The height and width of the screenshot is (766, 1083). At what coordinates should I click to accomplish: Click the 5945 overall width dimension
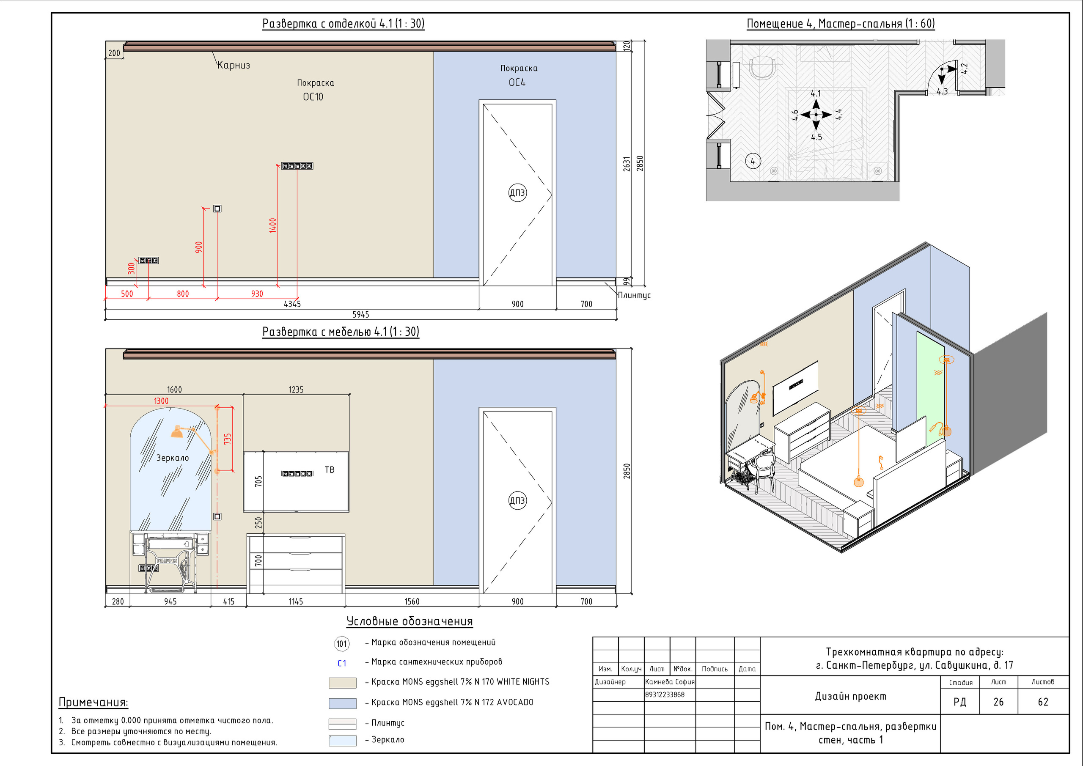[361, 315]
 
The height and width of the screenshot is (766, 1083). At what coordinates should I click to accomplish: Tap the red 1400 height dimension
[272, 225]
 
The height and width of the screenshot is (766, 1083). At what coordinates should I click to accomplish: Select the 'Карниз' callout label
[234, 65]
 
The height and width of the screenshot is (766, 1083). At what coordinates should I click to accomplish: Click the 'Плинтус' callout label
[634, 295]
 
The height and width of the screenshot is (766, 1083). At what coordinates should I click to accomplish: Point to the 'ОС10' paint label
[313, 97]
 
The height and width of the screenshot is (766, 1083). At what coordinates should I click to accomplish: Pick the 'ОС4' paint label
[517, 82]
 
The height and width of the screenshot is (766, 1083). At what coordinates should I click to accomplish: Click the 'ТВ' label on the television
[329, 470]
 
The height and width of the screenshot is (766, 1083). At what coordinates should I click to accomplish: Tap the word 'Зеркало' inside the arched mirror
[173, 458]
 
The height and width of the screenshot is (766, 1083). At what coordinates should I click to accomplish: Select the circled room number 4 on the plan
[753, 161]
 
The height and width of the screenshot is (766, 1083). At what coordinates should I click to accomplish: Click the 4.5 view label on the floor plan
[816, 137]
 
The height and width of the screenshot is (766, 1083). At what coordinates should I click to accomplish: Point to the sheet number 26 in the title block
[998, 702]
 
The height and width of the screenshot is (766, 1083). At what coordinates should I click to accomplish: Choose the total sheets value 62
[1043, 702]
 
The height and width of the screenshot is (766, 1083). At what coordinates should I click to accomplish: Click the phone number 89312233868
[665, 695]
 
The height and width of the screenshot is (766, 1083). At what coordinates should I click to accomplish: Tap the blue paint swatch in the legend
[342, 703]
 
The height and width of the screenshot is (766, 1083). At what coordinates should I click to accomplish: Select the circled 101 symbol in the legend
[341, 644]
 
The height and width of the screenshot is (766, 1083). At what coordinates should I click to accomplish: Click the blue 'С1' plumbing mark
[342, 663]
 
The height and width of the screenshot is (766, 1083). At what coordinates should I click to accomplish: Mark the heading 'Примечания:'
[93, 702]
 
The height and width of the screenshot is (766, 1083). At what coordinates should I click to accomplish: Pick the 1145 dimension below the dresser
[296, 601]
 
